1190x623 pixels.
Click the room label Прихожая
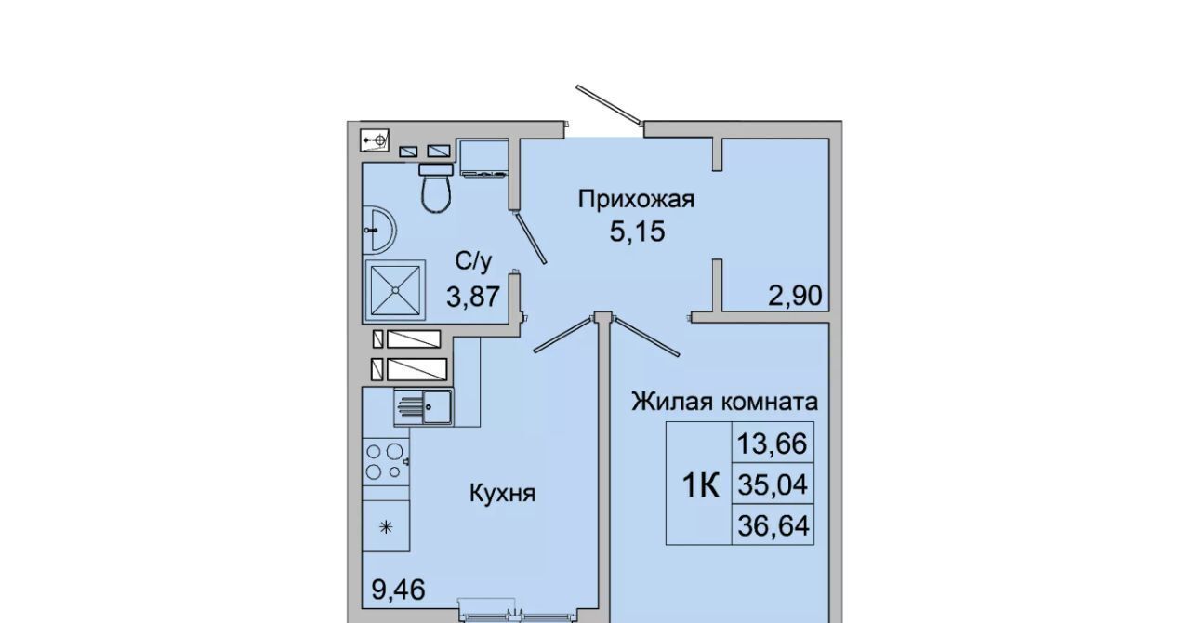pyautogui.click(x=636, y=200)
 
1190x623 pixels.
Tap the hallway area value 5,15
pyautogui.click(x=637, y=232)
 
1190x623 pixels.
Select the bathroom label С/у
pyautogui.click(x=474, y=262)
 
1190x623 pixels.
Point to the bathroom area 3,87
pyautogui.click(x=473, y=297)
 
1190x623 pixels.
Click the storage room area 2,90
pyautogui.click(x=795, y=296)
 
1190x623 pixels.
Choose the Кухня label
pyautogui.click(x=503, y=494)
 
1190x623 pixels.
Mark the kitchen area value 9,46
pyautogui.click(x=399, y=590)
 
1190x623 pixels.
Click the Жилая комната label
pyautogui.click(x=724, y=402)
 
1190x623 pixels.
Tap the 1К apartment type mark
pyautogui.click(x=701, y=485)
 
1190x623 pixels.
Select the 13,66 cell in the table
pyautogui.click(x=773, y=444)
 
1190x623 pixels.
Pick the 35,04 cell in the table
pyautogui.click(x=773, y=484)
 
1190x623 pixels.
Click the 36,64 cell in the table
pyautogui.click(x=773, y=525)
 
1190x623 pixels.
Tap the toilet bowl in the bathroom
pyautogui.click(x=436, y=188)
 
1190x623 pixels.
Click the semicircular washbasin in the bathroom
pyautogui.click(x=379, y=229)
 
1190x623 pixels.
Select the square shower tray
pyautogui.click(x=395, y=290)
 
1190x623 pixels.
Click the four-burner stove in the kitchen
pyautogui.click(x=386, y=461)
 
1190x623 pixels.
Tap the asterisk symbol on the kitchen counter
pyautogui.click(x=386, y=527)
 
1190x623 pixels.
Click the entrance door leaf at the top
pyautogui.click(x=610, y=105)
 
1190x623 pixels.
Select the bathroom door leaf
pyautogui.click(x=531, y=237)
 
